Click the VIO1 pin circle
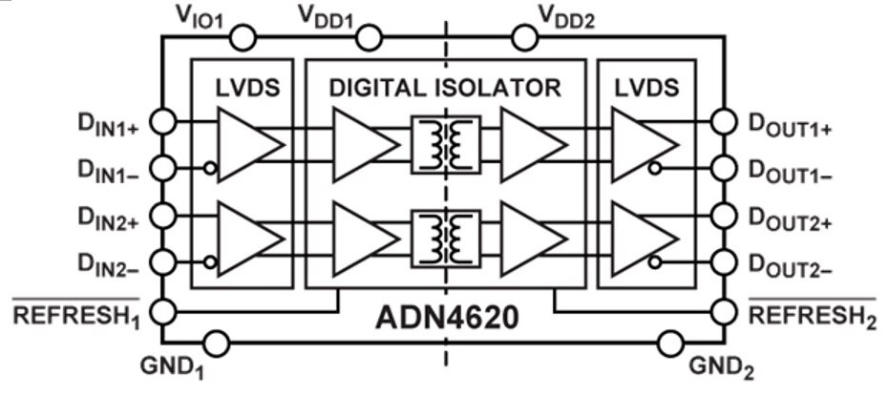(243, 38)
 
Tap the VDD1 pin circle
(370, 38)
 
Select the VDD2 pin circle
(524, 38)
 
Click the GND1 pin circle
(217, 343)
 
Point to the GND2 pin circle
(671, 343)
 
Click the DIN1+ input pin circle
(163, 122)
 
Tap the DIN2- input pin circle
(163, 261)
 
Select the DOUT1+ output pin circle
(724, 122)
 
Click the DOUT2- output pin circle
(724, 261)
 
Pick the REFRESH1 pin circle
(163, 311)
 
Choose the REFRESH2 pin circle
(724, 311)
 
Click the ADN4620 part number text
(447, 318)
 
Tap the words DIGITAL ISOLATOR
(445, 88)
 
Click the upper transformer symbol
(446, 144)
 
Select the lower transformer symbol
(446, 239)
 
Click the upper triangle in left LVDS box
(250, 145)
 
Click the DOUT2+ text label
(791, 220)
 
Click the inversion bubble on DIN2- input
(210, 262)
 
